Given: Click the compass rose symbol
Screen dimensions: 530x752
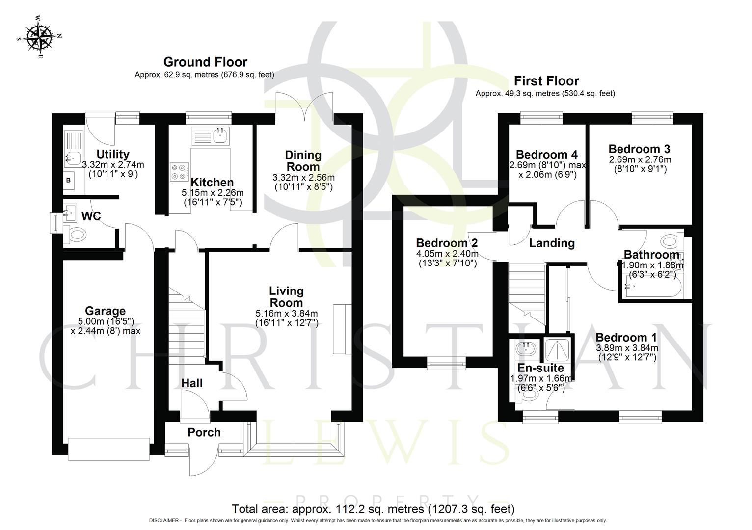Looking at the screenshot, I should (x=39, y=37).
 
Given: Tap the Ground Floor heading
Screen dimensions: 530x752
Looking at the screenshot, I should (x=205, y=62).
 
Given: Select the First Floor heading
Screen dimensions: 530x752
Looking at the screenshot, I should (x=546, y=81).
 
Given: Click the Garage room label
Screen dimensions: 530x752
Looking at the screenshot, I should (x=105, y=311).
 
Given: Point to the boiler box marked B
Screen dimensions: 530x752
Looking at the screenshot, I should (x=68, y=181).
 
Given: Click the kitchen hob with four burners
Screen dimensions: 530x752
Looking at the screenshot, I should (x=179, y=171).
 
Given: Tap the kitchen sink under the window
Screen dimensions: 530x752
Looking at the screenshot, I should (x=211, y=134).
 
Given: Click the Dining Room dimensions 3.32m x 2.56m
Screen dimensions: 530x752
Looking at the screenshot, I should (x=303, y=177).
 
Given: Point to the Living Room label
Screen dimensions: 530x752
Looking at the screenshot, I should (x=286, y=297).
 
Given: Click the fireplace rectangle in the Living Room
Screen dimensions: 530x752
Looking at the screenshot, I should (x=342, y=329).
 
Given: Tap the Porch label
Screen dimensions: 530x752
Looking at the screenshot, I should (x=204, y=432).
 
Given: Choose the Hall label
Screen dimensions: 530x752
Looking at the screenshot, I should (x=192, y=383).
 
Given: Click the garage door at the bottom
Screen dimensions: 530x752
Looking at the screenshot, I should (x=109, y=449).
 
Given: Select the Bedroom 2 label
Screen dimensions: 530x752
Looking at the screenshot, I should (x=447, y=243).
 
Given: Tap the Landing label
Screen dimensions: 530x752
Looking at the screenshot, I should (x=552, y=243).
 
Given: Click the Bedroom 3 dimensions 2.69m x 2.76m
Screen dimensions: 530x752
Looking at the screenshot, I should (x=640, y=160).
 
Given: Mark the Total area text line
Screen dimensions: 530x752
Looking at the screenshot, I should (x=373, y=509).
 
